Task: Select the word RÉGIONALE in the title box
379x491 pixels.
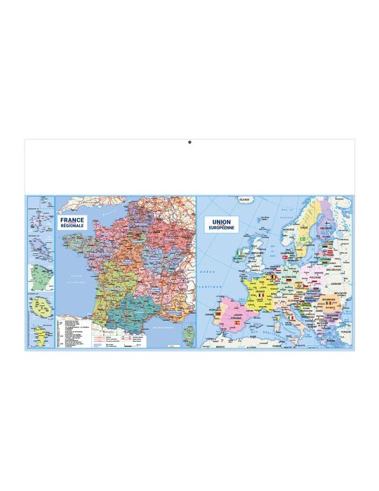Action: coord(72,226)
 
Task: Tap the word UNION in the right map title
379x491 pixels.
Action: coord(221,221)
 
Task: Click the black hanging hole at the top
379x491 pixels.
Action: coord(189,142)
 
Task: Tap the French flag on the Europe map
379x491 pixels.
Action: coord(261,295)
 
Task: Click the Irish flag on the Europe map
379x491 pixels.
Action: coord(241,252)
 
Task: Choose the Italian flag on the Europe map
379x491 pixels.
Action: coord(291,318)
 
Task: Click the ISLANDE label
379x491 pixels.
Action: coord(244,200)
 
